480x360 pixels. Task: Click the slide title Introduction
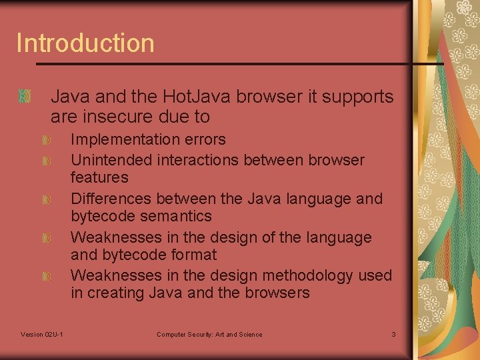[85, 43]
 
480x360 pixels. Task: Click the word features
[99, 177]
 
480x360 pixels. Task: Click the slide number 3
[393, 334]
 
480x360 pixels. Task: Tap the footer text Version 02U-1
[42, 334]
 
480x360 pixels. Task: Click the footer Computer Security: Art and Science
[209, 334]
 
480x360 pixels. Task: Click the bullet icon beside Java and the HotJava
[25, 97]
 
